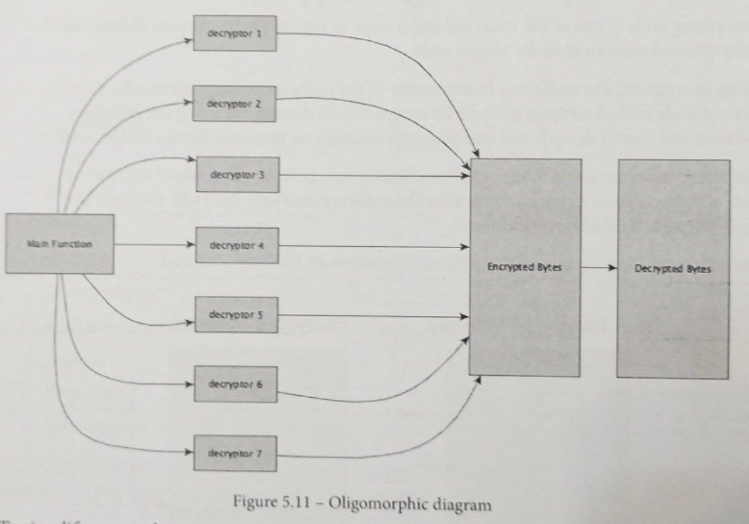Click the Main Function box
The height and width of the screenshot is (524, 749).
tap(60, 244)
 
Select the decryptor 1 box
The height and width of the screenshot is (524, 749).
tap(234, 33)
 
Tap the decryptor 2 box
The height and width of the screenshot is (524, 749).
tap(234, 104)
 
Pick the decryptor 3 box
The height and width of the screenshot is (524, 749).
tap(237, 175)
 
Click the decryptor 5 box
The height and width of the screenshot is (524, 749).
tap(236, 315)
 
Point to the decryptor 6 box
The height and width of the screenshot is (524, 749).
tap(236, 384)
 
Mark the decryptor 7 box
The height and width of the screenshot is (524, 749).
tap(235, 453)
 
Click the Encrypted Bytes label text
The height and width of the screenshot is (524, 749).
tap(524, 268)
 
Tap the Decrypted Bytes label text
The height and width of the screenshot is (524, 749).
tap(673, 269)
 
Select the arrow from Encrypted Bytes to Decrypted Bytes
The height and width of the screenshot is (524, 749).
tap(598, 268)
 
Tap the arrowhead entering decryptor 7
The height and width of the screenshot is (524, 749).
tap(188, 453)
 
